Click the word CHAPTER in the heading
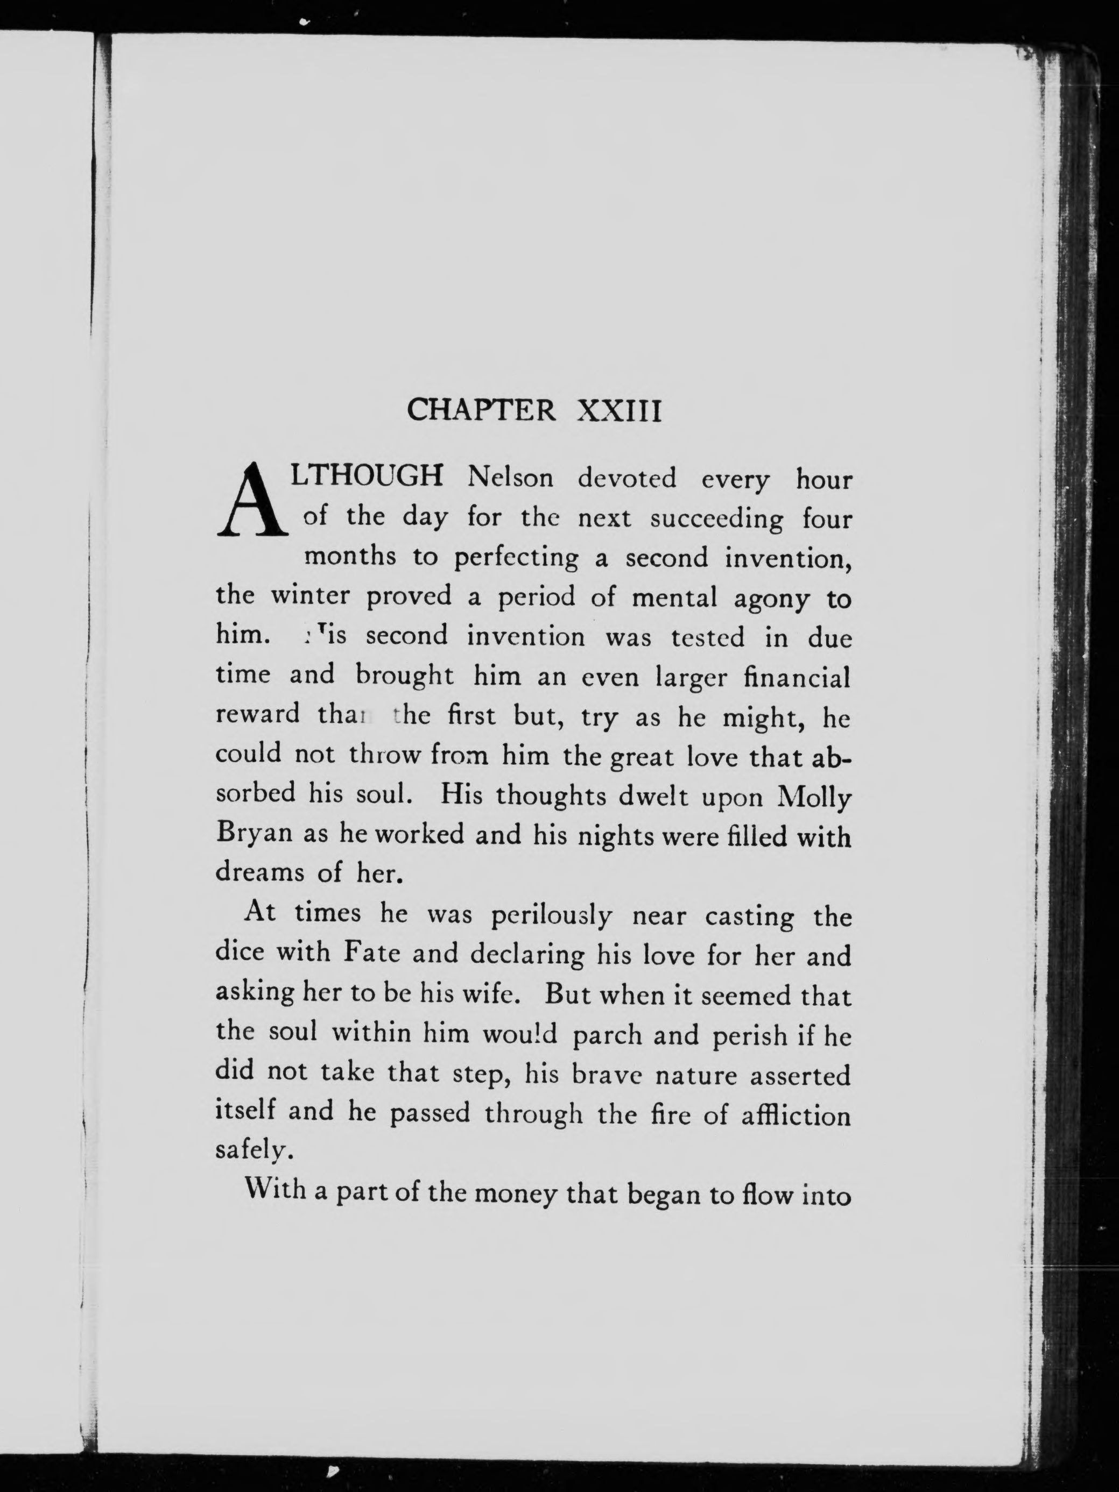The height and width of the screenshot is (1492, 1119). click(x=481, y=410)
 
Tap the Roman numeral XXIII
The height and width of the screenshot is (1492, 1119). click(x=620, y=410)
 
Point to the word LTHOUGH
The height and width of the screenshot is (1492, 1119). click(x=367, y=476)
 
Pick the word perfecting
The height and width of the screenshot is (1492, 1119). click(x=516, y=558)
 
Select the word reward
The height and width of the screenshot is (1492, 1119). click(x=257, y=714)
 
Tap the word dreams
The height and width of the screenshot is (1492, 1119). click(x=260, y=873)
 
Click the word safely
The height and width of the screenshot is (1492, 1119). click(x=253, y=1150)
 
